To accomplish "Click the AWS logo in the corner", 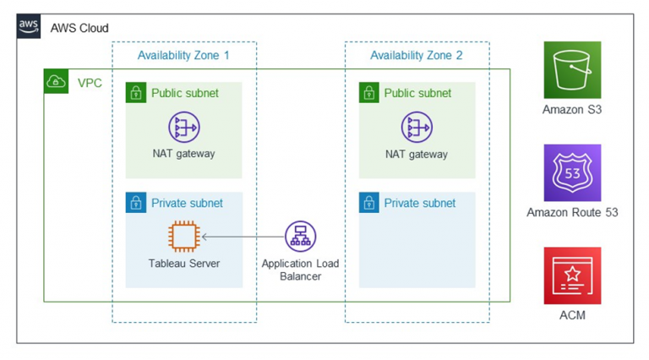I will point(29,26).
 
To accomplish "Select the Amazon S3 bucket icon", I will point(572,70).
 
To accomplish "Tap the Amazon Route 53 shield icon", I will point(572,172).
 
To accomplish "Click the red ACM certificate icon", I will point(572,275).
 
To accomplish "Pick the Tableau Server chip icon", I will point(183,237).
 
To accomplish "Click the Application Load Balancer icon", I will point(300,237).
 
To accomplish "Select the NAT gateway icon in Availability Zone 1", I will point(183,128).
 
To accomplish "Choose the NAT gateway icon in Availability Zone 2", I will point(417,128).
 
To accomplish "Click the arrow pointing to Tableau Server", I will point(241,237).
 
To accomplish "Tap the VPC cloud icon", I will point(56,82).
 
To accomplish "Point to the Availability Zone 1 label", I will point(183,56).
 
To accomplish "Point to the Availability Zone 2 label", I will point(417,56).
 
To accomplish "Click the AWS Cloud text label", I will point(79,28).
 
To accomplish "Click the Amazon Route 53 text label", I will point(572,212).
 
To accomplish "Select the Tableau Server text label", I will point(183,264).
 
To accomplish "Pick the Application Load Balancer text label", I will point(300,270).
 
